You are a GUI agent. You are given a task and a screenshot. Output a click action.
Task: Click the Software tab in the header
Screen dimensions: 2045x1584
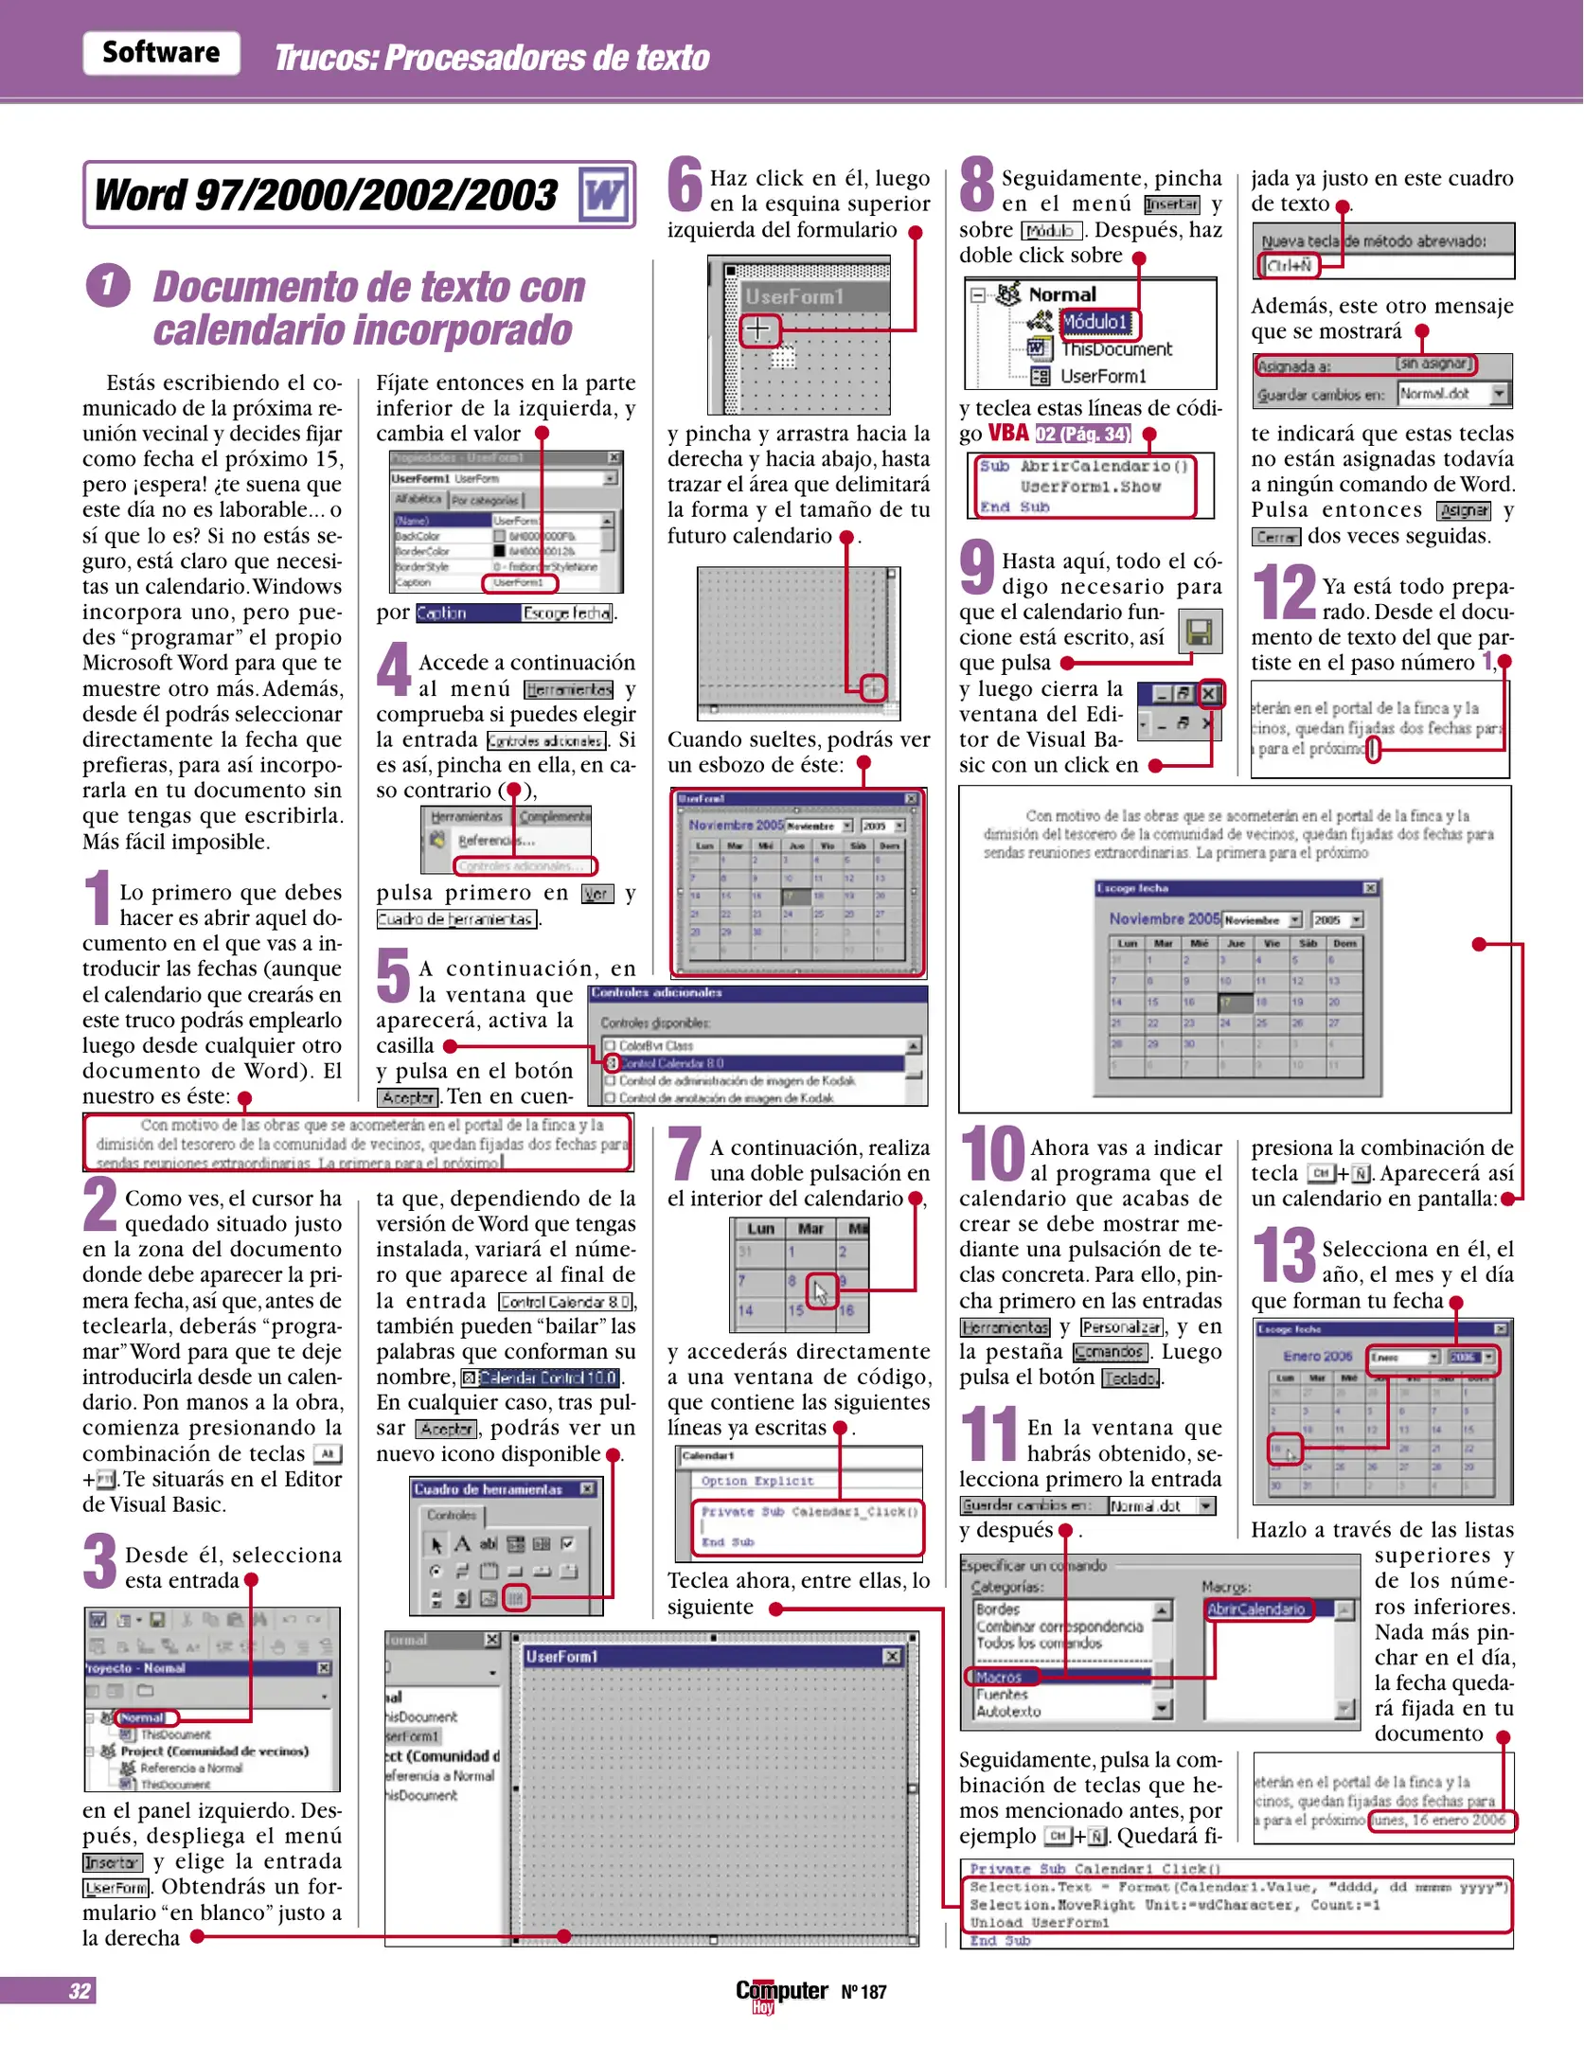coord(161,53)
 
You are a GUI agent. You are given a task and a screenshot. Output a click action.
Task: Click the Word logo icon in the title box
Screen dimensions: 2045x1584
coord(603,195)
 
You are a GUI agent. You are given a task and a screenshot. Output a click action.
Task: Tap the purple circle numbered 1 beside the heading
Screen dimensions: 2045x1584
coord(108,285)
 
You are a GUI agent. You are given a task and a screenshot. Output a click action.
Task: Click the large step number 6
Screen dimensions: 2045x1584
coord(685,186)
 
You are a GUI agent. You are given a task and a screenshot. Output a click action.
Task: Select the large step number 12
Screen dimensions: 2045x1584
coord(1283,594)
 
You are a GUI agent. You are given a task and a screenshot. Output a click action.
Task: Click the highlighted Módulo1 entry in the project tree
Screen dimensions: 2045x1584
coord(1097,323)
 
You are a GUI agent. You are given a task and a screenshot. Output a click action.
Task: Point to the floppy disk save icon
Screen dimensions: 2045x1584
coord(1200,631)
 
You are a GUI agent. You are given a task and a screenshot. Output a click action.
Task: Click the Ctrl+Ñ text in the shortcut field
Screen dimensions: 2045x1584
coord(1289,266)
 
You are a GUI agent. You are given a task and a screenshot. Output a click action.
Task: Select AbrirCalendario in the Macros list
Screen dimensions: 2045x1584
coord(1257,1609)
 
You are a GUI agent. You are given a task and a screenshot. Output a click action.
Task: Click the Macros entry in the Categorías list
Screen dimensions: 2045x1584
coord(1000,1677)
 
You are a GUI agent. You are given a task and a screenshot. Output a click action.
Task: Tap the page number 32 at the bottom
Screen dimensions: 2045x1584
coord(80,1991)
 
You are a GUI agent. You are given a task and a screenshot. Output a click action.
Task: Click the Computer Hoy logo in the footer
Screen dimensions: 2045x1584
coord(781,1993)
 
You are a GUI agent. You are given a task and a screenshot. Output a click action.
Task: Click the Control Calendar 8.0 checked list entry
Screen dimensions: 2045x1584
coord(671,1063)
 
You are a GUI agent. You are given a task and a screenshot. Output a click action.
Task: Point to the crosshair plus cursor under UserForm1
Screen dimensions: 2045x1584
coord(757,329)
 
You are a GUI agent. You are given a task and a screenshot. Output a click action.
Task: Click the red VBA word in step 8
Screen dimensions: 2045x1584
coord(1008,434)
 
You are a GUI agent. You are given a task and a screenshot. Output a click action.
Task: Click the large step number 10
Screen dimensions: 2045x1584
coord(992,1155)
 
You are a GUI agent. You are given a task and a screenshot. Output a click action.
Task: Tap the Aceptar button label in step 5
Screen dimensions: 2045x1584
coord(408,1098)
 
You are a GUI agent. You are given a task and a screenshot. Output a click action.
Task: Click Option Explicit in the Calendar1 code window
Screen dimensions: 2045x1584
coord(756,1481)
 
